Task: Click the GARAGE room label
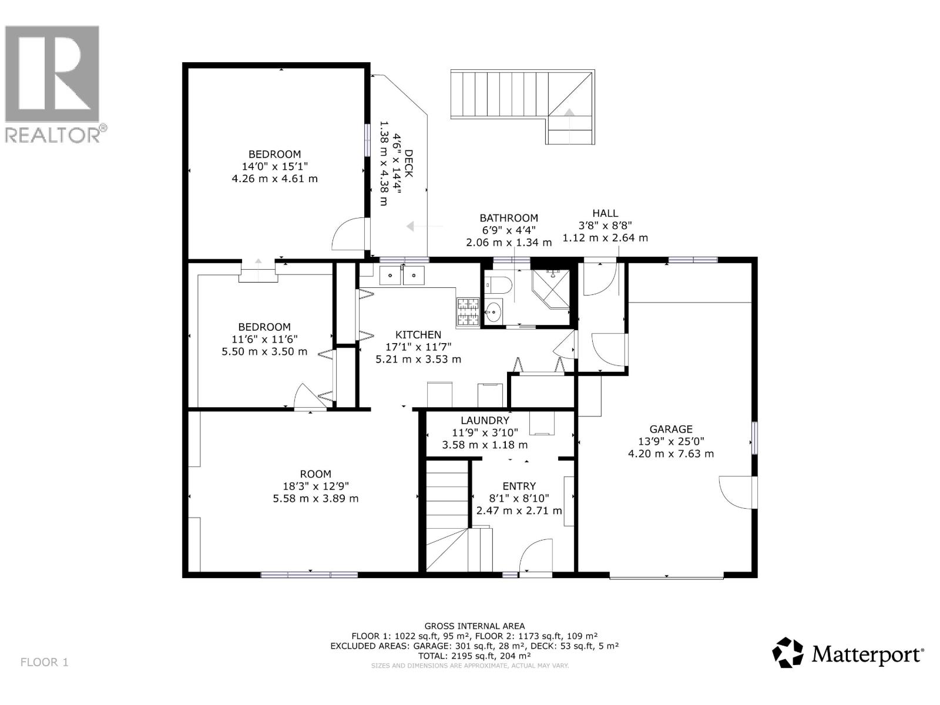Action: (670, 429)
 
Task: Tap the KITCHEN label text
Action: (418, 334)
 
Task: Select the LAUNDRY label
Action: (485, 420)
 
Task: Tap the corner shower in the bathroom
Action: (551, 288)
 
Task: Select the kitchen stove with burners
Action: (468, 312)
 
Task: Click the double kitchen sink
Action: (401, 275)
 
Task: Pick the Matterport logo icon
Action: (787, 652)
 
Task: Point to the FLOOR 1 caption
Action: (45, 662)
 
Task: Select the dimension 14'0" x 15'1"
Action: (275, 166)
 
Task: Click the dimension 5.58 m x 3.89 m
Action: (315, 498)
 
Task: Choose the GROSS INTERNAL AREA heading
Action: (474, 626)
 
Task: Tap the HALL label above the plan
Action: (605, 213)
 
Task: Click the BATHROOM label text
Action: (508, 217)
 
